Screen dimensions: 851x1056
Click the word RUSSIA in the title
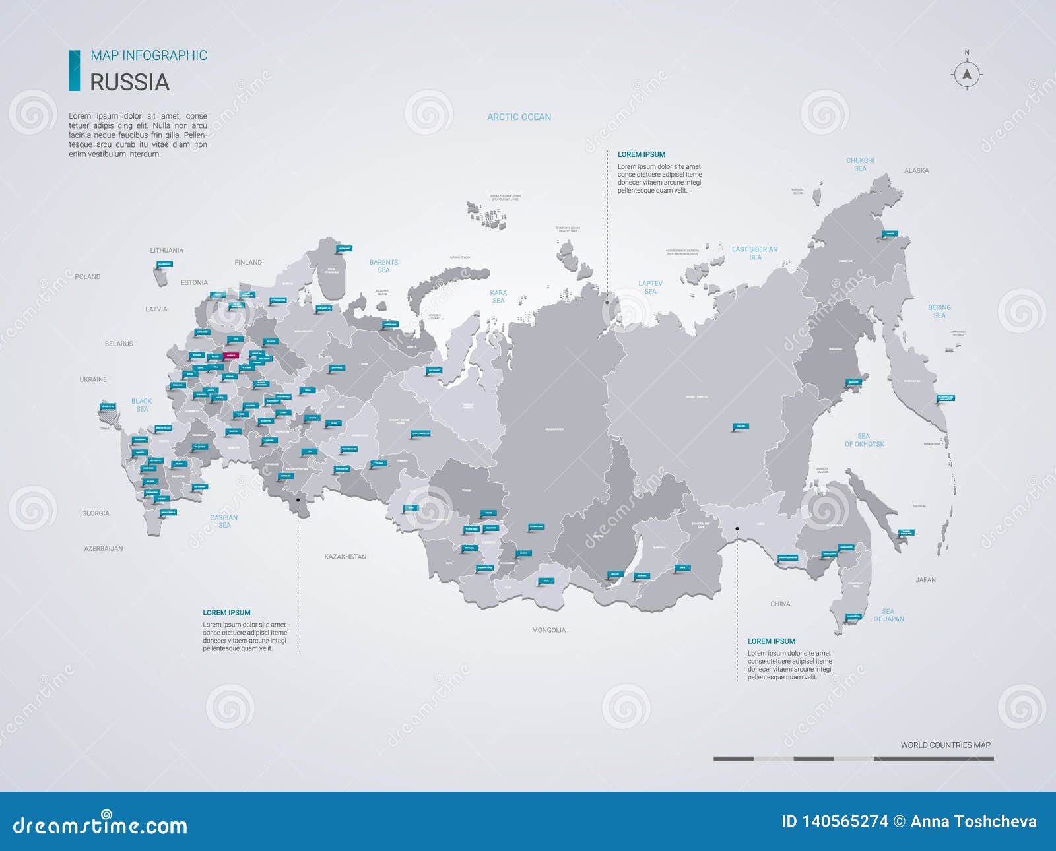(129, 82)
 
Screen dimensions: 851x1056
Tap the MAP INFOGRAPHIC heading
(148, 55)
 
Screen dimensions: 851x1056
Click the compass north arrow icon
(967, 74)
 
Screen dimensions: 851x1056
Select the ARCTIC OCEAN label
(519, 117)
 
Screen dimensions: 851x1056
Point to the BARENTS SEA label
(383, 266)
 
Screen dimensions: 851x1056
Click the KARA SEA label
(498, 296)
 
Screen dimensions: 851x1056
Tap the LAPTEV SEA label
(650, 287)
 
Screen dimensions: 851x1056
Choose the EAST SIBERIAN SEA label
(754, 253)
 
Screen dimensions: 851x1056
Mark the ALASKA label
(916, 171)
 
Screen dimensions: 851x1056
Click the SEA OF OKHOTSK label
(864, 440)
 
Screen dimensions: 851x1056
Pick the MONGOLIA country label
(548, 630)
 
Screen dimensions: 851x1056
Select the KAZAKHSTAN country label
(345, 557)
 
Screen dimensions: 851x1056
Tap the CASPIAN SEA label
(224, 521)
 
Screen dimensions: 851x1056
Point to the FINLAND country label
(248, 263)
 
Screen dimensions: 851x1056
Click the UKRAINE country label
(93, 379)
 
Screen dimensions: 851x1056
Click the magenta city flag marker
(230, 355)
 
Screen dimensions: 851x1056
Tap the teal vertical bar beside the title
(75, 71)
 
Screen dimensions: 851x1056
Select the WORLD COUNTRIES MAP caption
(945, 745)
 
